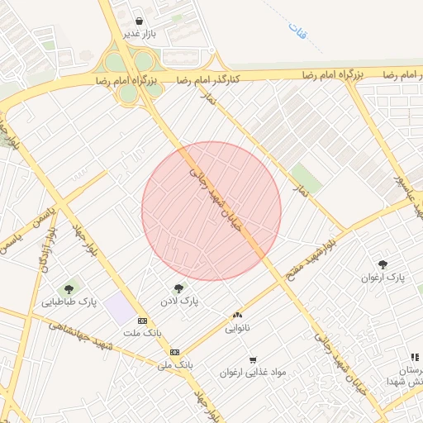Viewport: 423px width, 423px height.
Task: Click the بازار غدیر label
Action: coord(140,35)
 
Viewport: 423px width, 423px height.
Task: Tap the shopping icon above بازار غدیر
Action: coord(137,21)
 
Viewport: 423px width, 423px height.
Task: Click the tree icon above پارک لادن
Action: coord(178,288)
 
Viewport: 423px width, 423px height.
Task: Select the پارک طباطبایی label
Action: coord(70,302)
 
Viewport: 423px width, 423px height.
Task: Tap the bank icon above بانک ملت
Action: coord(143,321)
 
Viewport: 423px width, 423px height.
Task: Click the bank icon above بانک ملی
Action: coord(174,351)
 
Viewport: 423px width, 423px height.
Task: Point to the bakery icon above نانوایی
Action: coord(239,315)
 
